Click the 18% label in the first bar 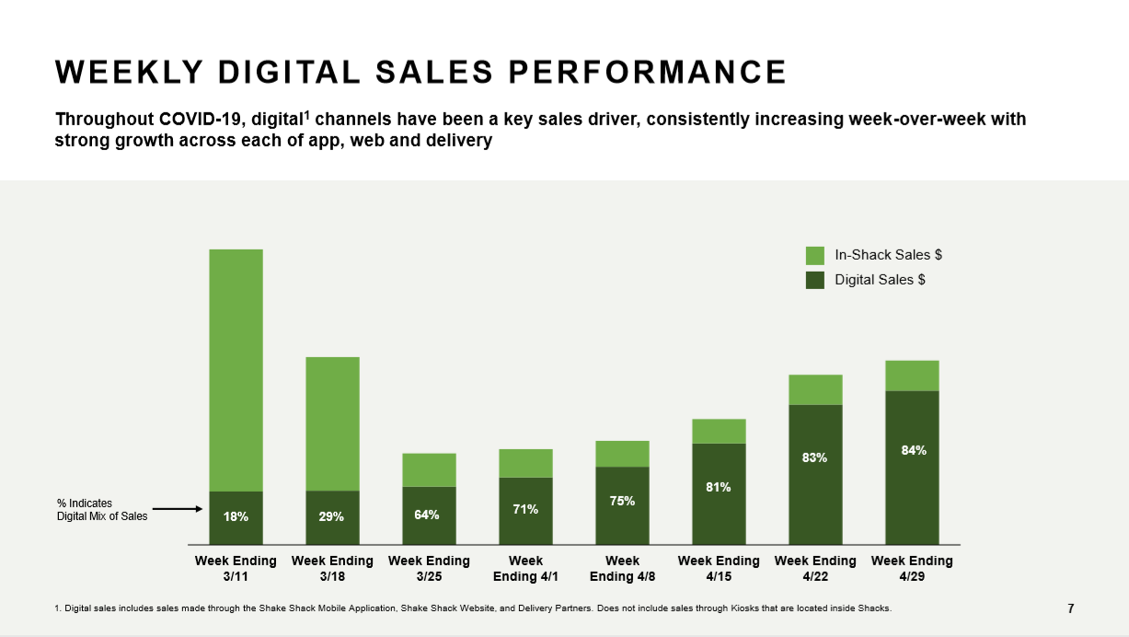coord(236,517)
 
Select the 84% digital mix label coord(913,451)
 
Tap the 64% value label coord(427,515)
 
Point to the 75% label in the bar coord(622,502)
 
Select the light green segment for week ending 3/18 coord(332,423)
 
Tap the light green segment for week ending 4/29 coord(912,376)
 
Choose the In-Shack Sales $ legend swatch coord(814,256)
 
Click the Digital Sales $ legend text coord(880,280)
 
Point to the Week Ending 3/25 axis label coord(429,568)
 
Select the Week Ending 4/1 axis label coord(525,568)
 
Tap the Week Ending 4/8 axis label coord(622,568)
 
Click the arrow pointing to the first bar coord(177,508)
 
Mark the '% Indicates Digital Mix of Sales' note coord(101,510)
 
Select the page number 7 coord(1070,608)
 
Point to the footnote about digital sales coord(473,608)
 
